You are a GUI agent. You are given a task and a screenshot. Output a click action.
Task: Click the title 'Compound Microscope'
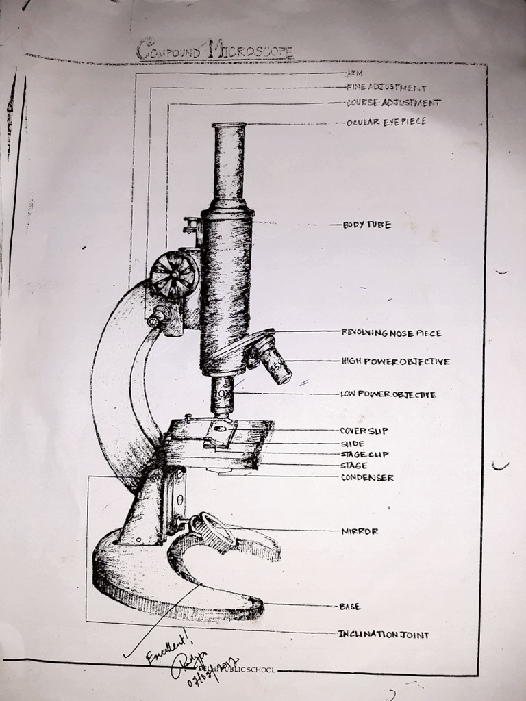click(x=214, y=50)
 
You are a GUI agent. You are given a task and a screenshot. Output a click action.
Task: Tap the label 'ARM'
click(x=354, y=72)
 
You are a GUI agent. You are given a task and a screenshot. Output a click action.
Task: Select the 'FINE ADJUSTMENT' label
click(x=386, y=88)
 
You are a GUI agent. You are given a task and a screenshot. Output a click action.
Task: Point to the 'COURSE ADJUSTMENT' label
click(x=393, y=103)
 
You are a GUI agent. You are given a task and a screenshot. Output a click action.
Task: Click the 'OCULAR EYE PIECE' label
click(x=386, y=121)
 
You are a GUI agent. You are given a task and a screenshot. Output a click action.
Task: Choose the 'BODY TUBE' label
click(x=367, y=225)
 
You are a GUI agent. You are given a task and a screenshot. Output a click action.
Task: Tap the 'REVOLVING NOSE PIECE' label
click(x=392, y=333)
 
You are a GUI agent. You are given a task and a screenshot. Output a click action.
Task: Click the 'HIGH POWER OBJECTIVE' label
click(x=395, y=361)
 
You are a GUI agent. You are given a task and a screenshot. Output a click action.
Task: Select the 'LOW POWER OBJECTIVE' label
click(x=388, y=394)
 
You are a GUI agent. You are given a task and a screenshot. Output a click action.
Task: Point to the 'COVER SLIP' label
click(x=364, y=431)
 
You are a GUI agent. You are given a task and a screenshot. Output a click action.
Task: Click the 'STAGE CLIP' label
click(x=364, y=454)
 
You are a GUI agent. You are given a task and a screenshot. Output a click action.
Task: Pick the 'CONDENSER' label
click(x=367, y=478)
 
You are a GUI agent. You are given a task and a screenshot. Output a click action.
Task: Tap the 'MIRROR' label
click(x=360, y=531)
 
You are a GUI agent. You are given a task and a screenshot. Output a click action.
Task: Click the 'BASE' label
click(x=349, y=607)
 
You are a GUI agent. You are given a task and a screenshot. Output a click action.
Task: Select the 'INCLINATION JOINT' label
click(x=384, y=635)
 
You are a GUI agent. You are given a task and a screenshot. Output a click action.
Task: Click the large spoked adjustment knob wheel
click(x=174, y=275)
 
